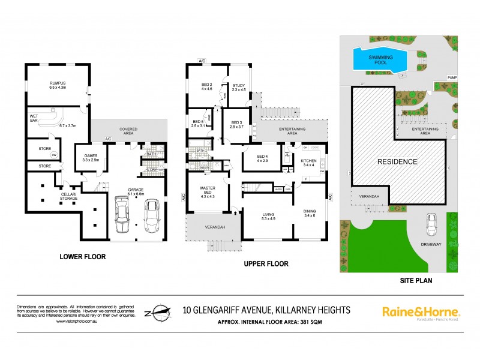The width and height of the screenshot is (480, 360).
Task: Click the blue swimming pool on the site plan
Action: click(379, 59)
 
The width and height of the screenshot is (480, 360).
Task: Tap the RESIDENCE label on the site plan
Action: click(398, 161)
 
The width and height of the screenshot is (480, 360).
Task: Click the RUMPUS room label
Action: click(58, 85)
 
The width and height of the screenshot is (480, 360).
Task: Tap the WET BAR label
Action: click(36, 119)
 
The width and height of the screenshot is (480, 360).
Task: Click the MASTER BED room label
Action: click(207, 191)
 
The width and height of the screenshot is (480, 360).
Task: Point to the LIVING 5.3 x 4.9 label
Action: click(268, 216)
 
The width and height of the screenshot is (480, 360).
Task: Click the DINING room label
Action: click(310, 212)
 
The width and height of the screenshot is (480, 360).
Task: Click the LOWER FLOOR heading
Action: click(82, 257)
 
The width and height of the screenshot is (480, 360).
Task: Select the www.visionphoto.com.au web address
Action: click(77, 322)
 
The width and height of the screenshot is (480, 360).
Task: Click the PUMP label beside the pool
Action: click(452, 78)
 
